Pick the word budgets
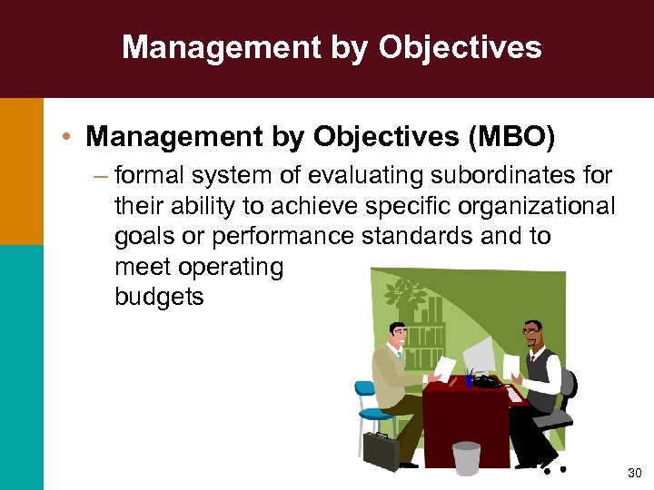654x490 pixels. [159, 298]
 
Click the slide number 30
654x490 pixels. [633, 474]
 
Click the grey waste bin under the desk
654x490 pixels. [466, 457]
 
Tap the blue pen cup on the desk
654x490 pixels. [469, 379]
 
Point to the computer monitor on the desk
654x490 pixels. [479, 355]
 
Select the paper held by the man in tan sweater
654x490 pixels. [444, 367]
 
